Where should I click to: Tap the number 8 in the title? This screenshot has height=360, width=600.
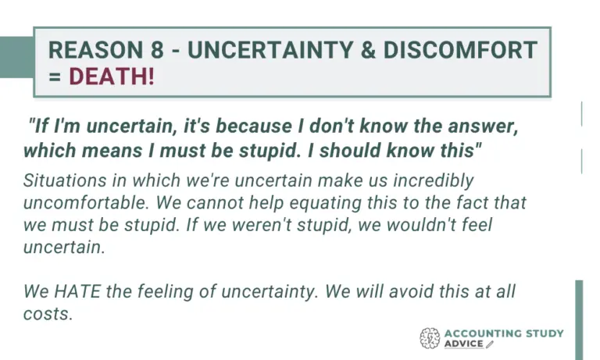tap(157, 50)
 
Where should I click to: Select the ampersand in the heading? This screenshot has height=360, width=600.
tap(368, 50)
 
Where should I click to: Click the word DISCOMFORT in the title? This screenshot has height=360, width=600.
tap(460, 50)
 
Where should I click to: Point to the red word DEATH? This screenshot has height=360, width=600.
tap(112, 76)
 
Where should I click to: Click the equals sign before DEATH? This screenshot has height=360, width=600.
tap(55, 77)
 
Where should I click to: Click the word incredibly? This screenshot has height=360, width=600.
tap(434, 180)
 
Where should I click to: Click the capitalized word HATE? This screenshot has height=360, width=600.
tap(77, 291)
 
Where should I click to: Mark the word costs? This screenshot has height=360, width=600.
tap(48, 314)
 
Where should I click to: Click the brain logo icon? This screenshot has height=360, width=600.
tap(430, 338)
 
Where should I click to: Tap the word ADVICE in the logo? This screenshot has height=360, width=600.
tap(464, 344)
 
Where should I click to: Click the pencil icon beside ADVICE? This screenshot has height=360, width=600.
tap(490, 344)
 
